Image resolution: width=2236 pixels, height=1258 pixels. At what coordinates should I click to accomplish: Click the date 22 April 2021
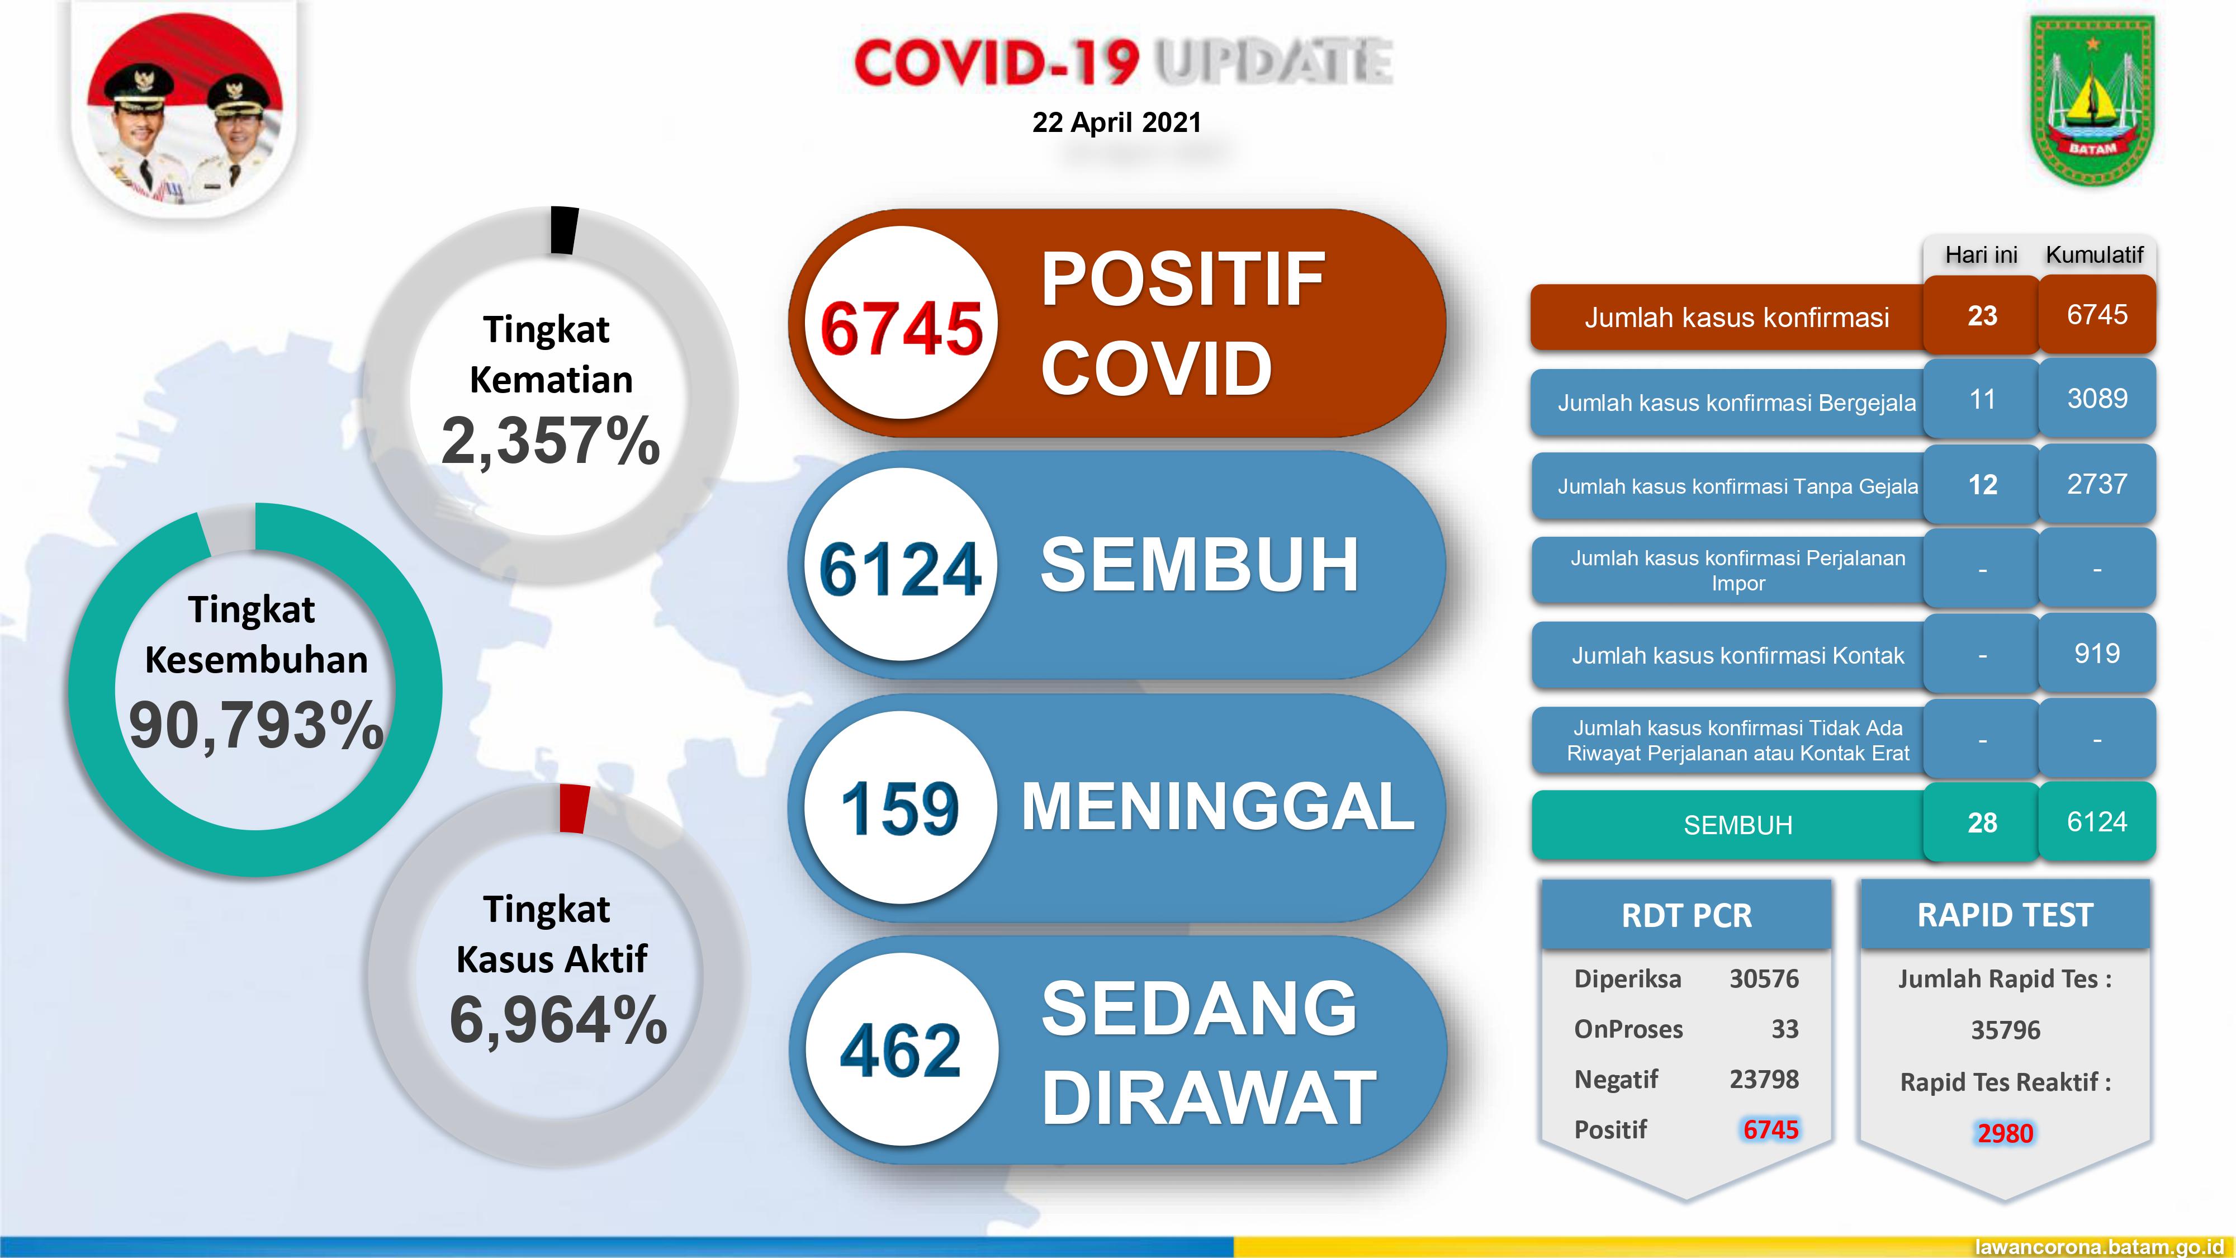[1116, 122]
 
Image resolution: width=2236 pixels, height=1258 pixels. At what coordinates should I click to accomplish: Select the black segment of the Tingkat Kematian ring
[564, 230]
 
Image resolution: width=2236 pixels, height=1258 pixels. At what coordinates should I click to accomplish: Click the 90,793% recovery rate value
[255, 726]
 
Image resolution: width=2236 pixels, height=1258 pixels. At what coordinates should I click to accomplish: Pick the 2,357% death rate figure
[550, 441]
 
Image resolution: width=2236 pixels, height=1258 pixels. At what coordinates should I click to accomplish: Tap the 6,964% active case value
[558, 1020]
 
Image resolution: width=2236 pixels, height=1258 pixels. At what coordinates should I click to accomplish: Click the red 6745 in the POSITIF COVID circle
[901, 329]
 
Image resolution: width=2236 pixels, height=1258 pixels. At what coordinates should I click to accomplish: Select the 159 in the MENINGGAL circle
[900, 809]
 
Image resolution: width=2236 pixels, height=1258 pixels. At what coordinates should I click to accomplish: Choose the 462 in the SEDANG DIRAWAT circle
[900, 1051]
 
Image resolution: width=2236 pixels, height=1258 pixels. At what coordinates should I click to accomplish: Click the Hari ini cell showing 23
[1982, 315]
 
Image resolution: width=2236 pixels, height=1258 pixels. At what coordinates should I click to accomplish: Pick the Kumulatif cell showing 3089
[2097, 399]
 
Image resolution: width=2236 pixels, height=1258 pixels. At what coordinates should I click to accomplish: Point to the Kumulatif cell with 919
[2097, 654]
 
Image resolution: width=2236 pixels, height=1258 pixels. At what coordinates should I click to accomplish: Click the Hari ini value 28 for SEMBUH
[1982, 822]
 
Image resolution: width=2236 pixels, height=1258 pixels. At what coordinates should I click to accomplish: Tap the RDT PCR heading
[1687, 916]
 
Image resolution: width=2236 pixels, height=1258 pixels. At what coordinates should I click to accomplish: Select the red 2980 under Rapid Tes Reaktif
[2005, 1133]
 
